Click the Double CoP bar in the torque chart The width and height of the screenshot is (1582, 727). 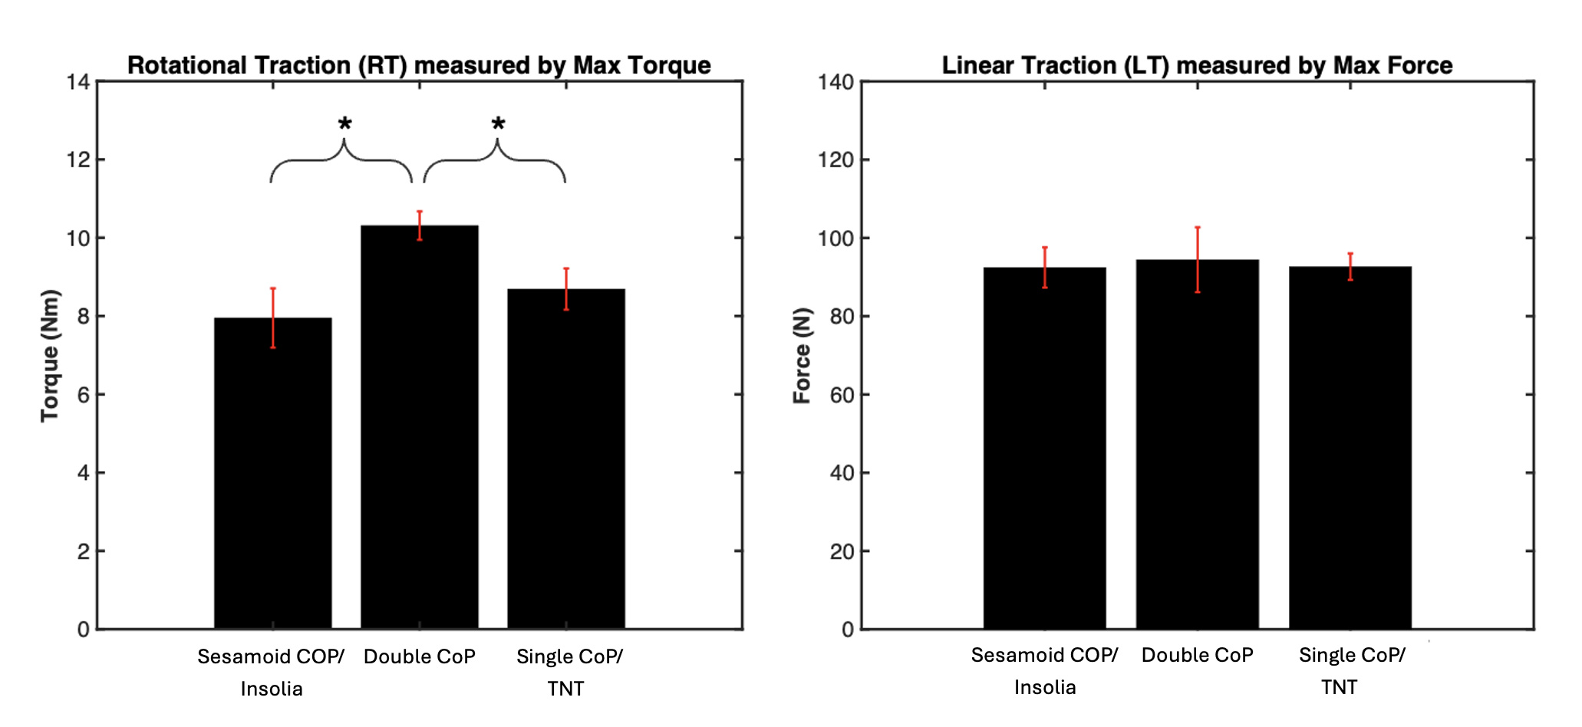point(420,429)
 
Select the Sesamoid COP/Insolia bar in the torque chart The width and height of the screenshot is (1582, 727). point(273,475)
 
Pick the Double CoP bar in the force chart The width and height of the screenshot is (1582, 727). point(1198,445)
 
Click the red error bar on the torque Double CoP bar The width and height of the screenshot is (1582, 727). point(420,225)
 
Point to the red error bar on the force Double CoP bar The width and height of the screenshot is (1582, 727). point(1198,259)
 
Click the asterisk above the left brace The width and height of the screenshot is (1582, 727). point(345,125)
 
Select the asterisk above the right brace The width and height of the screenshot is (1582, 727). point(499,125)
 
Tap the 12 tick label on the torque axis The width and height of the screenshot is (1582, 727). point(79,160)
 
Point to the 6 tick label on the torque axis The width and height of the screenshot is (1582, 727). point(83,395)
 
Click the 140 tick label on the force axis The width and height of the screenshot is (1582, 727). point(835,82)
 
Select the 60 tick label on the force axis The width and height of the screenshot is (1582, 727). point(841,395)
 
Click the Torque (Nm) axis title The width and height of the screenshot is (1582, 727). point(50,355)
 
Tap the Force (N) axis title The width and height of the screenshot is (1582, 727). point(802,355)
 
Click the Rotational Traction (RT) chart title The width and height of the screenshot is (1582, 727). point(419,65)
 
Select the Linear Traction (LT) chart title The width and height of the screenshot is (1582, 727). point(1197,65)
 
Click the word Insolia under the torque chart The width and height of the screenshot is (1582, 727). point(272,689)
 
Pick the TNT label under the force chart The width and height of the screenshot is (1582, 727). point(1339,687)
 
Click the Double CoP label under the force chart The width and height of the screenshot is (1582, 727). point(1197,655)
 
